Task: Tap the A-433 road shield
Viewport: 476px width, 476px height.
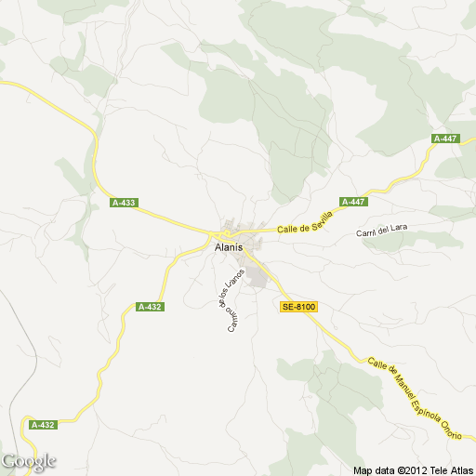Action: (123, 203)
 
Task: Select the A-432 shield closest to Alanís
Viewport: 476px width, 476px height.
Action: (149, 307)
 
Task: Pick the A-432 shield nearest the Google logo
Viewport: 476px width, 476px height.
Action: (43, 425)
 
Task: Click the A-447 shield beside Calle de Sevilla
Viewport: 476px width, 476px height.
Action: (353, 202)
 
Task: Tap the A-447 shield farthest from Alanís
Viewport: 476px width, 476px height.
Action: (445, 139)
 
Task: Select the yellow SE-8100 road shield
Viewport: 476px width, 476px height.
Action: (298, 307)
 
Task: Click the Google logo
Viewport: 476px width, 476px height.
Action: (29, 461)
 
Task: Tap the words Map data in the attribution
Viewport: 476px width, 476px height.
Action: (373, 469)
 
